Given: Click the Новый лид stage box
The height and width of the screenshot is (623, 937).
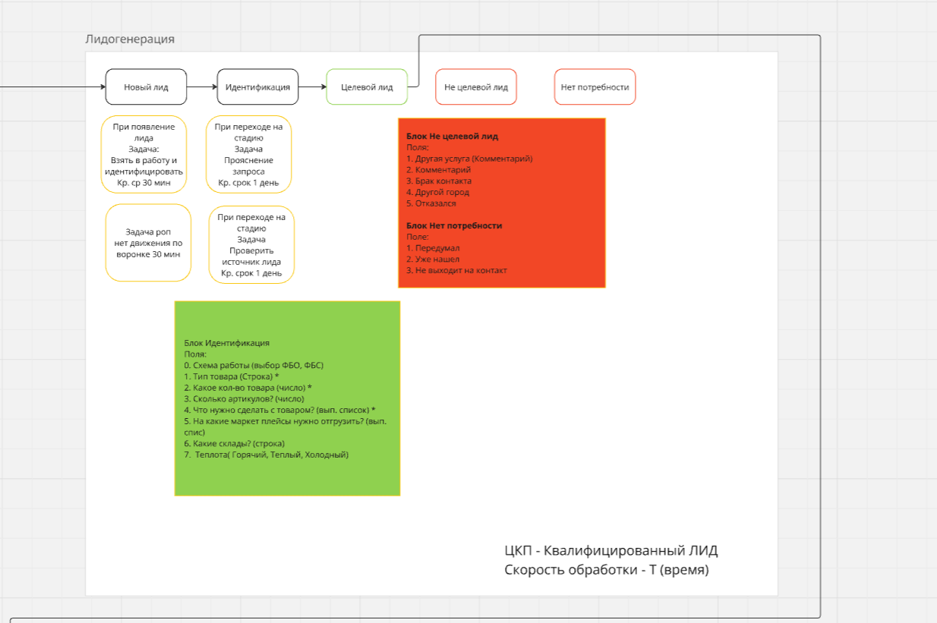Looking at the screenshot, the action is [146, 87].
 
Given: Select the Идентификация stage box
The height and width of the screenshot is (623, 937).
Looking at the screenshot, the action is [257, 87].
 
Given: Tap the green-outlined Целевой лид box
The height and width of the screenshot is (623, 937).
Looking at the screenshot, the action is [367, 87].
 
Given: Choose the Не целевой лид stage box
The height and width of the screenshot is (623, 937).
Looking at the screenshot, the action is [476, 87].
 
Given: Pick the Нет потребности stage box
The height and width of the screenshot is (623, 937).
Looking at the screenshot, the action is [595, 87].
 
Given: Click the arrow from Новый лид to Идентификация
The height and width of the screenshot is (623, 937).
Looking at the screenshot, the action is [202, 87].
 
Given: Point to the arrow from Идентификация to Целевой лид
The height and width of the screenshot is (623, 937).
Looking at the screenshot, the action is [313, 87].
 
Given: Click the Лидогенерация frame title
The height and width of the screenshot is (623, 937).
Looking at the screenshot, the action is [130, 39].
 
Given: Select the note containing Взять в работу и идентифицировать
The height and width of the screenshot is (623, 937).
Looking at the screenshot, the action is [144, 154].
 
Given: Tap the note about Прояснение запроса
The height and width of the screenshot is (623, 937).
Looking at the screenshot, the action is [248, 154].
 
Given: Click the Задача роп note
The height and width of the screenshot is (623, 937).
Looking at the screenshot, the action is [148, 243].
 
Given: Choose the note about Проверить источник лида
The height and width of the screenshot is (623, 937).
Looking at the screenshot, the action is [251, 245].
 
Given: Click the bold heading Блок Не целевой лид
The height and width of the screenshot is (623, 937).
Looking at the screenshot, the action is [453, 137].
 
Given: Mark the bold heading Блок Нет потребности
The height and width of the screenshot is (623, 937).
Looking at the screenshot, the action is [454, 226].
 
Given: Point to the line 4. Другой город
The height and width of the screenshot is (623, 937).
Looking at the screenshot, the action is [437, 192].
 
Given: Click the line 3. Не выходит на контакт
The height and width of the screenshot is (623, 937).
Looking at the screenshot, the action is [456, 271].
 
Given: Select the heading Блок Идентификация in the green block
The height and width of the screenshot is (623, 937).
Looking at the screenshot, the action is [227, 343].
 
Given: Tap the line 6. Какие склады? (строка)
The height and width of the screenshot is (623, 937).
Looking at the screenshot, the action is [234, 444].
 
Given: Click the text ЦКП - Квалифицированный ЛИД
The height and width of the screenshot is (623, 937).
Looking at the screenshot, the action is [611, 550].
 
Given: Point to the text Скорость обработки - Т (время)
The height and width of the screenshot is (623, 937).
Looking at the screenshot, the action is [607, 569].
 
